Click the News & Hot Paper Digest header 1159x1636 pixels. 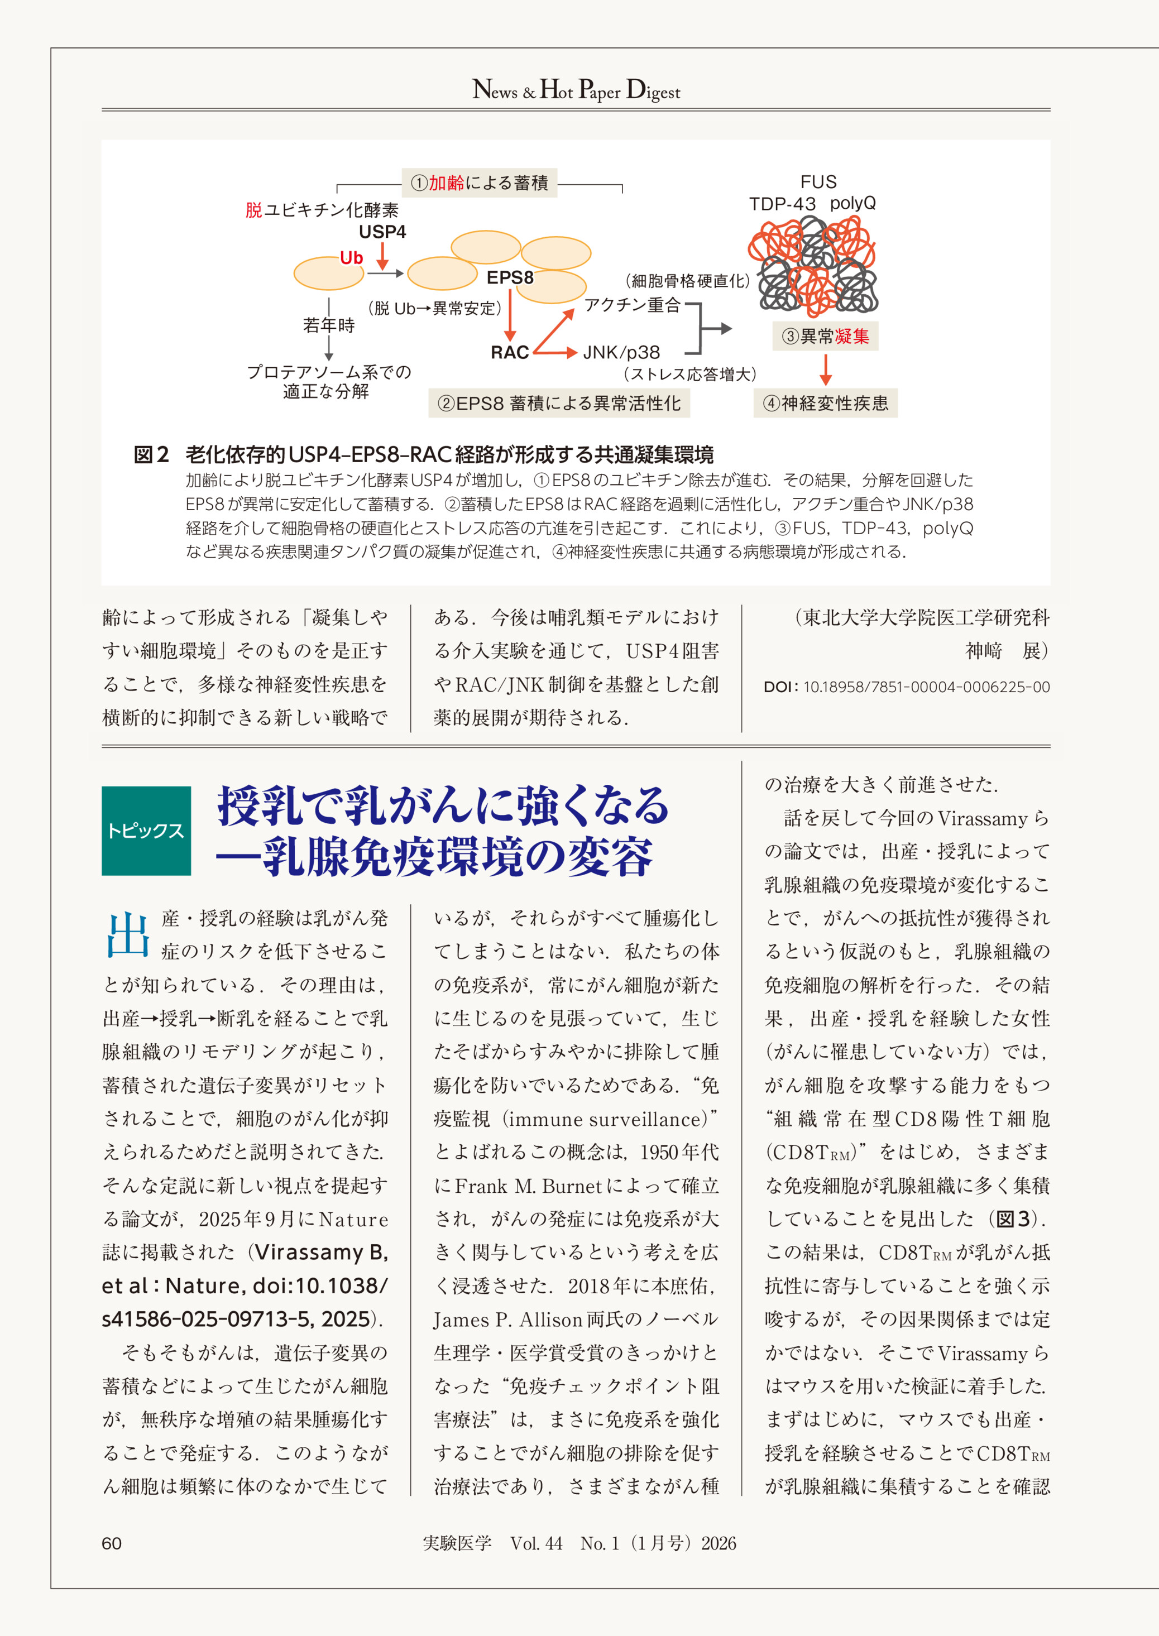coord(576,90)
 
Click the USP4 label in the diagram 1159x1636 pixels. coord(382,232)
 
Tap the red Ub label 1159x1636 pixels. coord(351,257)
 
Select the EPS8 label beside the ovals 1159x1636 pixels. coord(510,277)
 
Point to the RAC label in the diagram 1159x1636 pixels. coord(510,352)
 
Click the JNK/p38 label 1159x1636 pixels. coord(621,352)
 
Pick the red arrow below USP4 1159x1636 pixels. coord(382,256)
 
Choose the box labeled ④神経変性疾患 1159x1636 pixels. coord(826,403)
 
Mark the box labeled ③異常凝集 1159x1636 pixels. coord(826,336)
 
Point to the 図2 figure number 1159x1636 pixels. coord(151,454)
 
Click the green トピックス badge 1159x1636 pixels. coord(146,831)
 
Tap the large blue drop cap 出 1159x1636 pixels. coord(128,934)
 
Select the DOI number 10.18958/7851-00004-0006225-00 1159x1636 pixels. coord(926,687)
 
